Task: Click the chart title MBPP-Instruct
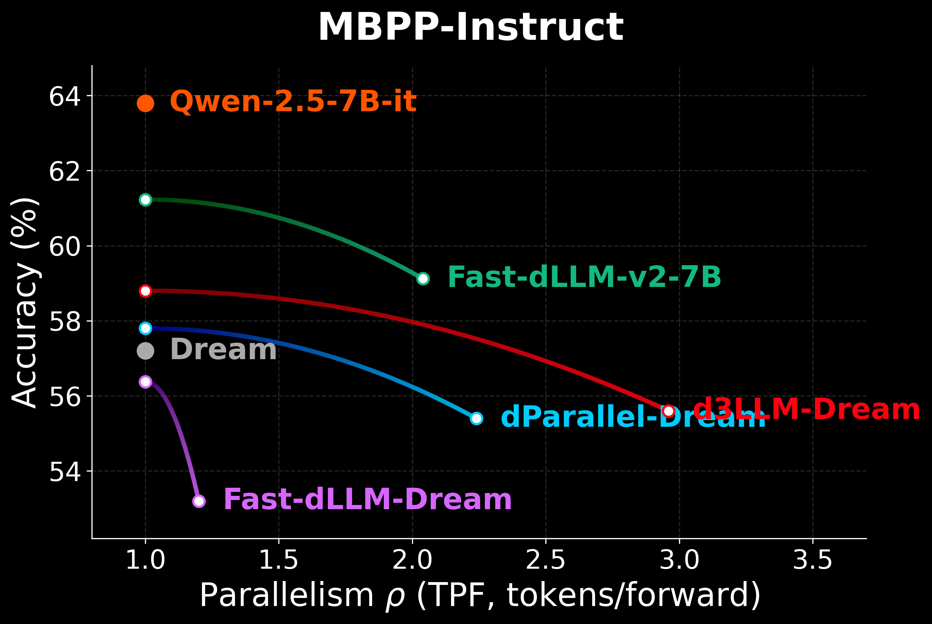tap(470, 27)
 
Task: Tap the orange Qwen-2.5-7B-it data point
tap(146, 104)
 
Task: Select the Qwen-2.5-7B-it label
tap(293, 101)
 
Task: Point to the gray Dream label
tap(223, 350)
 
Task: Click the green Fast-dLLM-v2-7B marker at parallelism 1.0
tap(146, 199)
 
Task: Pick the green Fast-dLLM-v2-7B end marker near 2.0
tap(423, 279)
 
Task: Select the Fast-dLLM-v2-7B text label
tap(584, 277)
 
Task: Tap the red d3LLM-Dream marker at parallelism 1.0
tap(146, 291)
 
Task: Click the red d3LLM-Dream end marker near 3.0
tap(669, 411)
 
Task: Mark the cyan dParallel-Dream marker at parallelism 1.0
tap(146, 328)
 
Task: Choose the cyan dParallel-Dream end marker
tap(476, 418)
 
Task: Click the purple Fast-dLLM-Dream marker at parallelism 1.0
tap(146, 382)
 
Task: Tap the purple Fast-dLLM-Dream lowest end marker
tap(199, 501)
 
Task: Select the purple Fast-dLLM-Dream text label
tap(367, 499)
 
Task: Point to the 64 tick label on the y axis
tap(64, 96)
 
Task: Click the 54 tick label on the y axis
tap(64, 472)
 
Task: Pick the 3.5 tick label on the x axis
tap(812, 561)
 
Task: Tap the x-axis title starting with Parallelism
tap(480, 596)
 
